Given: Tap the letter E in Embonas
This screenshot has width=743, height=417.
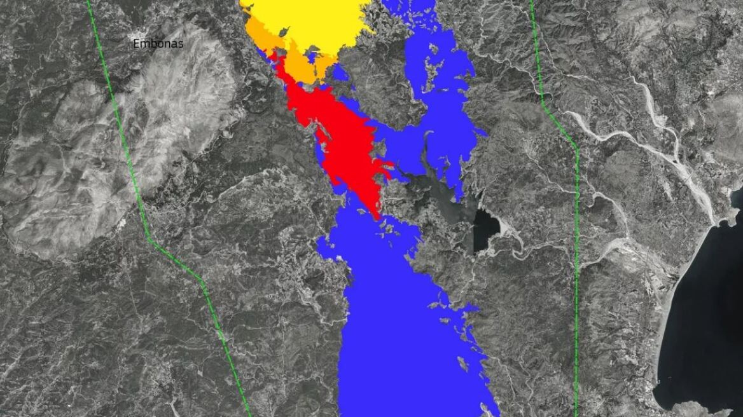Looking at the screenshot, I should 136,44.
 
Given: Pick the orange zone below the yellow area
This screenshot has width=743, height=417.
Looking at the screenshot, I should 299,64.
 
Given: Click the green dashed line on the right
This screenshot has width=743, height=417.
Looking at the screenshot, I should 576,254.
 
